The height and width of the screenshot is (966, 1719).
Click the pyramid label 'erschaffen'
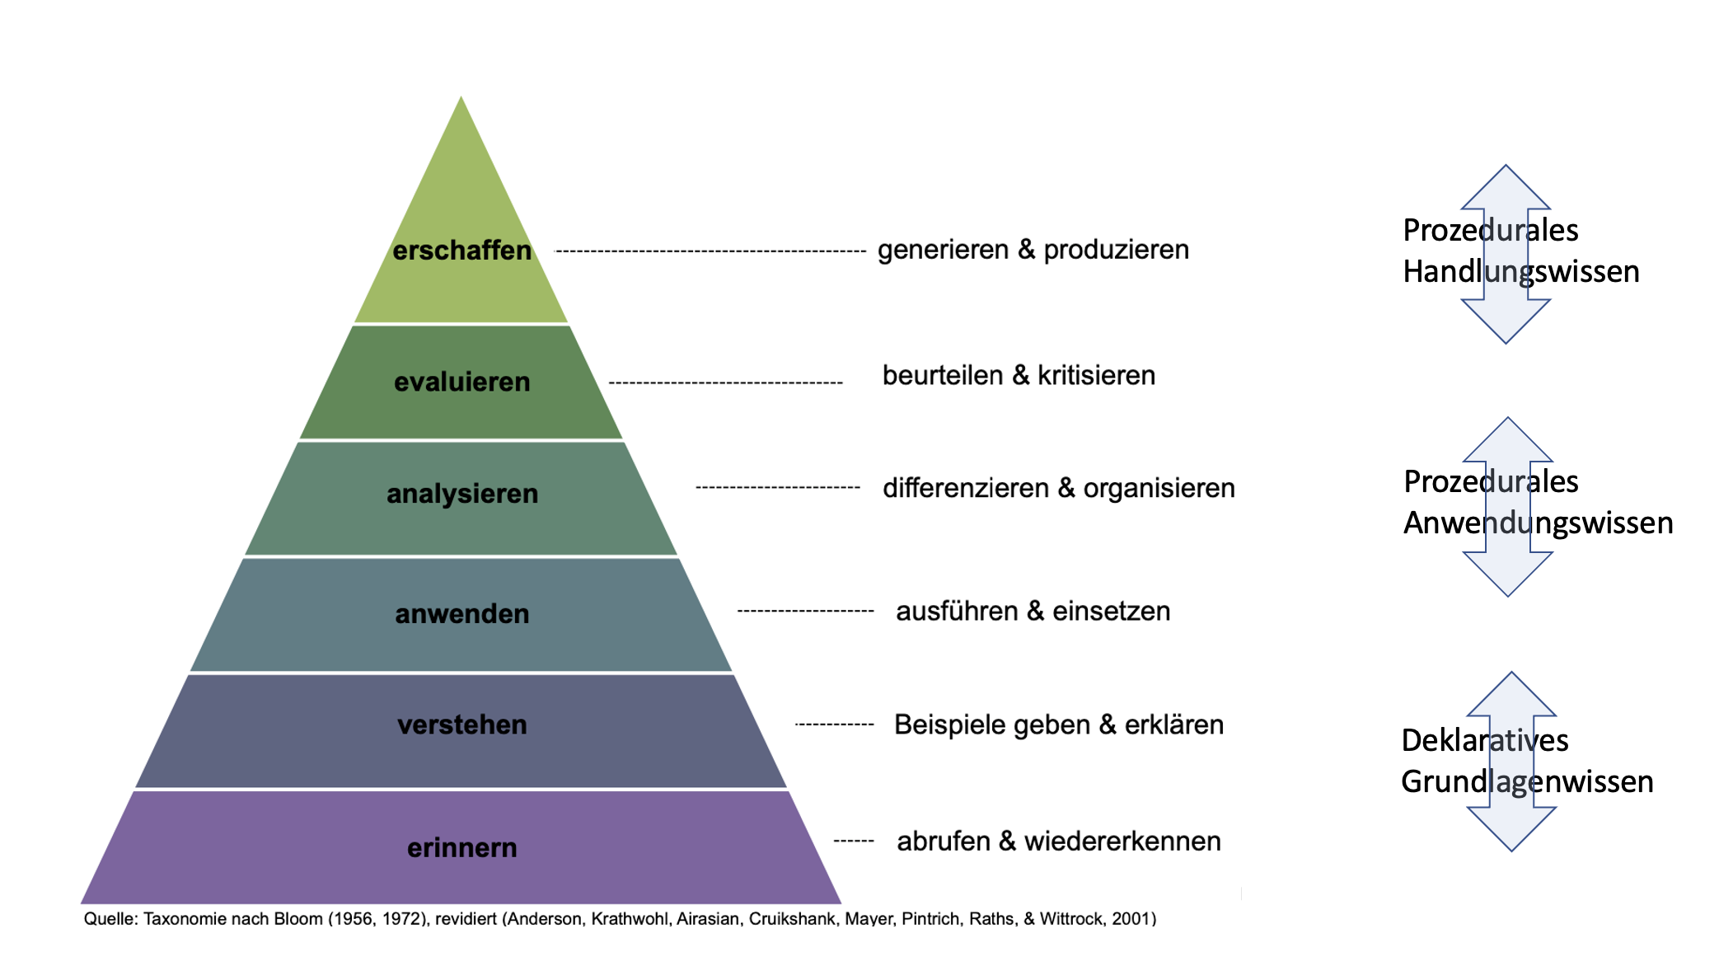(x=461, y=250)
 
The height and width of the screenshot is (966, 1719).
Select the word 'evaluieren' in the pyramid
(x=461, y=382)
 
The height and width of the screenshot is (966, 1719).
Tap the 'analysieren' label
(x=462, y=494)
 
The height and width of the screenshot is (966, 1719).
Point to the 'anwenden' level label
(x=461, y=613)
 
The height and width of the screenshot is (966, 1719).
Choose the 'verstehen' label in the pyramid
(x=461, y=724)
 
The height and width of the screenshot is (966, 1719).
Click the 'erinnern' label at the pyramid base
(x=461, y=847)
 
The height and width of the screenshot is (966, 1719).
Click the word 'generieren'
(x=943, y=250)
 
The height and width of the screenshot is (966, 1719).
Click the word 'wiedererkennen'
(x=1122, y=841)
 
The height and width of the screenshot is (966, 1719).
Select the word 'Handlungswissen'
(x=1521, y=271)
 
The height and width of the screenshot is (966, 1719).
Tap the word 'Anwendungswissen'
(x=1539, y=523)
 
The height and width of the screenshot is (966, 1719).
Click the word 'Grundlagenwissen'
(x=1527, y=781)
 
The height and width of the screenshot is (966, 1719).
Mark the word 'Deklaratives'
(x=1485, y=740)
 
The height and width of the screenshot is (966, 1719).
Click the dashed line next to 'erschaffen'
(x=710, y=251)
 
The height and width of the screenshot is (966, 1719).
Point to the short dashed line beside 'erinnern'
(x=854, y=841)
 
